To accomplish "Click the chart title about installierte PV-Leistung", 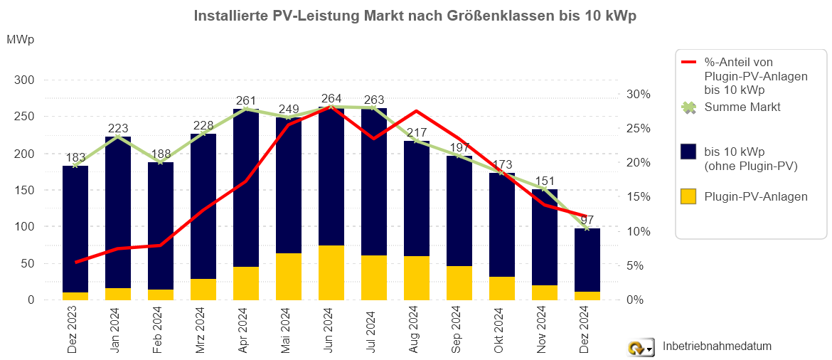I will (x=415, y=16).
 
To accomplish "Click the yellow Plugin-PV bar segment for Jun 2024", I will (x=331, y=272).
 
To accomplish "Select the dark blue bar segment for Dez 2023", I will (x=75, y=228).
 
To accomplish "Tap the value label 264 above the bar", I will (x=331, y=99).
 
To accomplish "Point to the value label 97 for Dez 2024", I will (x=587, y=219).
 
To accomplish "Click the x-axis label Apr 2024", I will (x=246, y=329).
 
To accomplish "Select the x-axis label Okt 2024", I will (x=502, y=329).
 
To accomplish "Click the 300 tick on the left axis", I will (x=24, y=80).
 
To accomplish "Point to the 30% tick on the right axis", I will (x=638, y=94).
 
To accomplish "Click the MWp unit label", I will (x=21, y=40).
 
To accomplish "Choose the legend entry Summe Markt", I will (x=742, y=107).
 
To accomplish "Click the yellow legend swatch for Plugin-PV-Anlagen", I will (x=688, y=196).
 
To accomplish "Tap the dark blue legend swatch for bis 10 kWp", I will (x=688, y=152).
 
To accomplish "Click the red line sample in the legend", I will (x=688, y=63).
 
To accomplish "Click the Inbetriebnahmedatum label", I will (x=717, y=346).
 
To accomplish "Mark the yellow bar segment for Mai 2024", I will (x=289, y=276).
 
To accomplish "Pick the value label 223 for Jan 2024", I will (x=118, y=128).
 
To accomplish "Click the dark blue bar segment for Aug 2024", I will (x=417, y=199).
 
